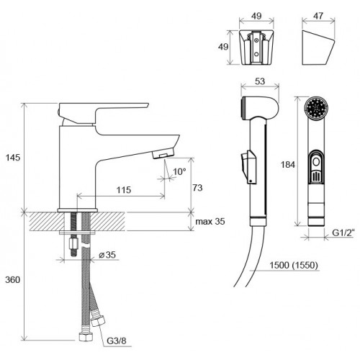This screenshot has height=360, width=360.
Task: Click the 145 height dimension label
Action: coord(13,158)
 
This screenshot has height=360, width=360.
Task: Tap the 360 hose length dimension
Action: coord(13,279)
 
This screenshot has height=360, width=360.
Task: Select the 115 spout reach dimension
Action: coord(124,190)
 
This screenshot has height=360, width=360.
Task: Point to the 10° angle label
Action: coord(179,171)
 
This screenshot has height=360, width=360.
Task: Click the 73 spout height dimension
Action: coord(197,187)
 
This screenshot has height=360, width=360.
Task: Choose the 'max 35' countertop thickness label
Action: coord(210,221)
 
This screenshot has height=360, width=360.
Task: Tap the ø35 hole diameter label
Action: coord(107,254)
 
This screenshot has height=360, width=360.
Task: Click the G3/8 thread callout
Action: coord(117,341)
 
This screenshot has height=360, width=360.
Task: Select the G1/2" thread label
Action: coord(343,233)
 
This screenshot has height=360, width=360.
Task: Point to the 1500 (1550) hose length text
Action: coord(294,265)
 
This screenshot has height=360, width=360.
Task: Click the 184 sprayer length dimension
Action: coord(288,165)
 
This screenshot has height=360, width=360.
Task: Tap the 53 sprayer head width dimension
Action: coord(260,81)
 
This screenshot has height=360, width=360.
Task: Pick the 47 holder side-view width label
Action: coord(318,16)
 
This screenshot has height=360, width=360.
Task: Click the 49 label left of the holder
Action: coord(223,47)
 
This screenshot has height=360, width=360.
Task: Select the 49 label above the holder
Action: coord(256,16)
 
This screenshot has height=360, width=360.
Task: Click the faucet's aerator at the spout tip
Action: coord(163,153)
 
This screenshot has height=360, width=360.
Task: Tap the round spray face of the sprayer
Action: coord(316,109)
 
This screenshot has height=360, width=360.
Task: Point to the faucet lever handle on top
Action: coord(103,113)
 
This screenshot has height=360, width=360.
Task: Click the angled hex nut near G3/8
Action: coord(99,320)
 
